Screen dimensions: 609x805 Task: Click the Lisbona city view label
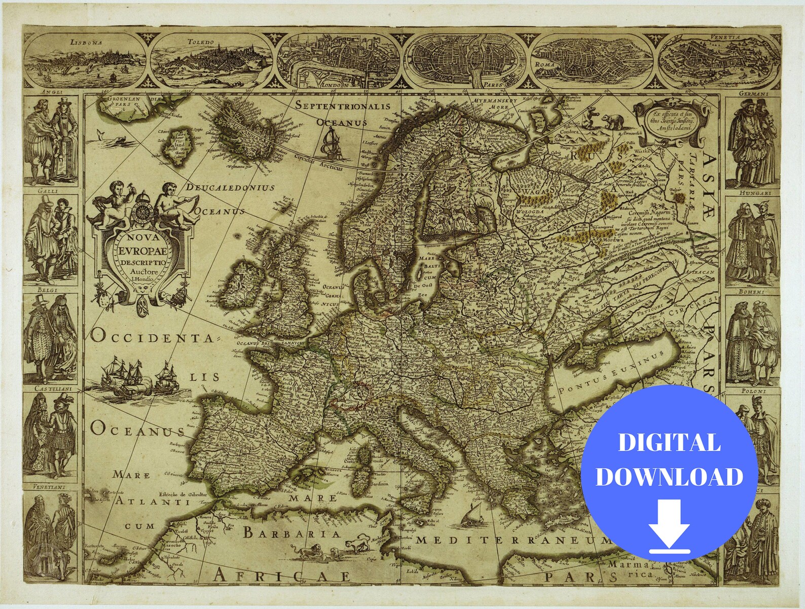click(x=86, y=43)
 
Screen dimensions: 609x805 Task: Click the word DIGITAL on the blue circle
click(x=669, y=443)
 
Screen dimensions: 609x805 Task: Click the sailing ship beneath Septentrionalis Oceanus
click(x=332, y=144)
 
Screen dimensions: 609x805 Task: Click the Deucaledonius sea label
click(x=230, y=187)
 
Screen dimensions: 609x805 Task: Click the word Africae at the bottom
click(x=282, y=576)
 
